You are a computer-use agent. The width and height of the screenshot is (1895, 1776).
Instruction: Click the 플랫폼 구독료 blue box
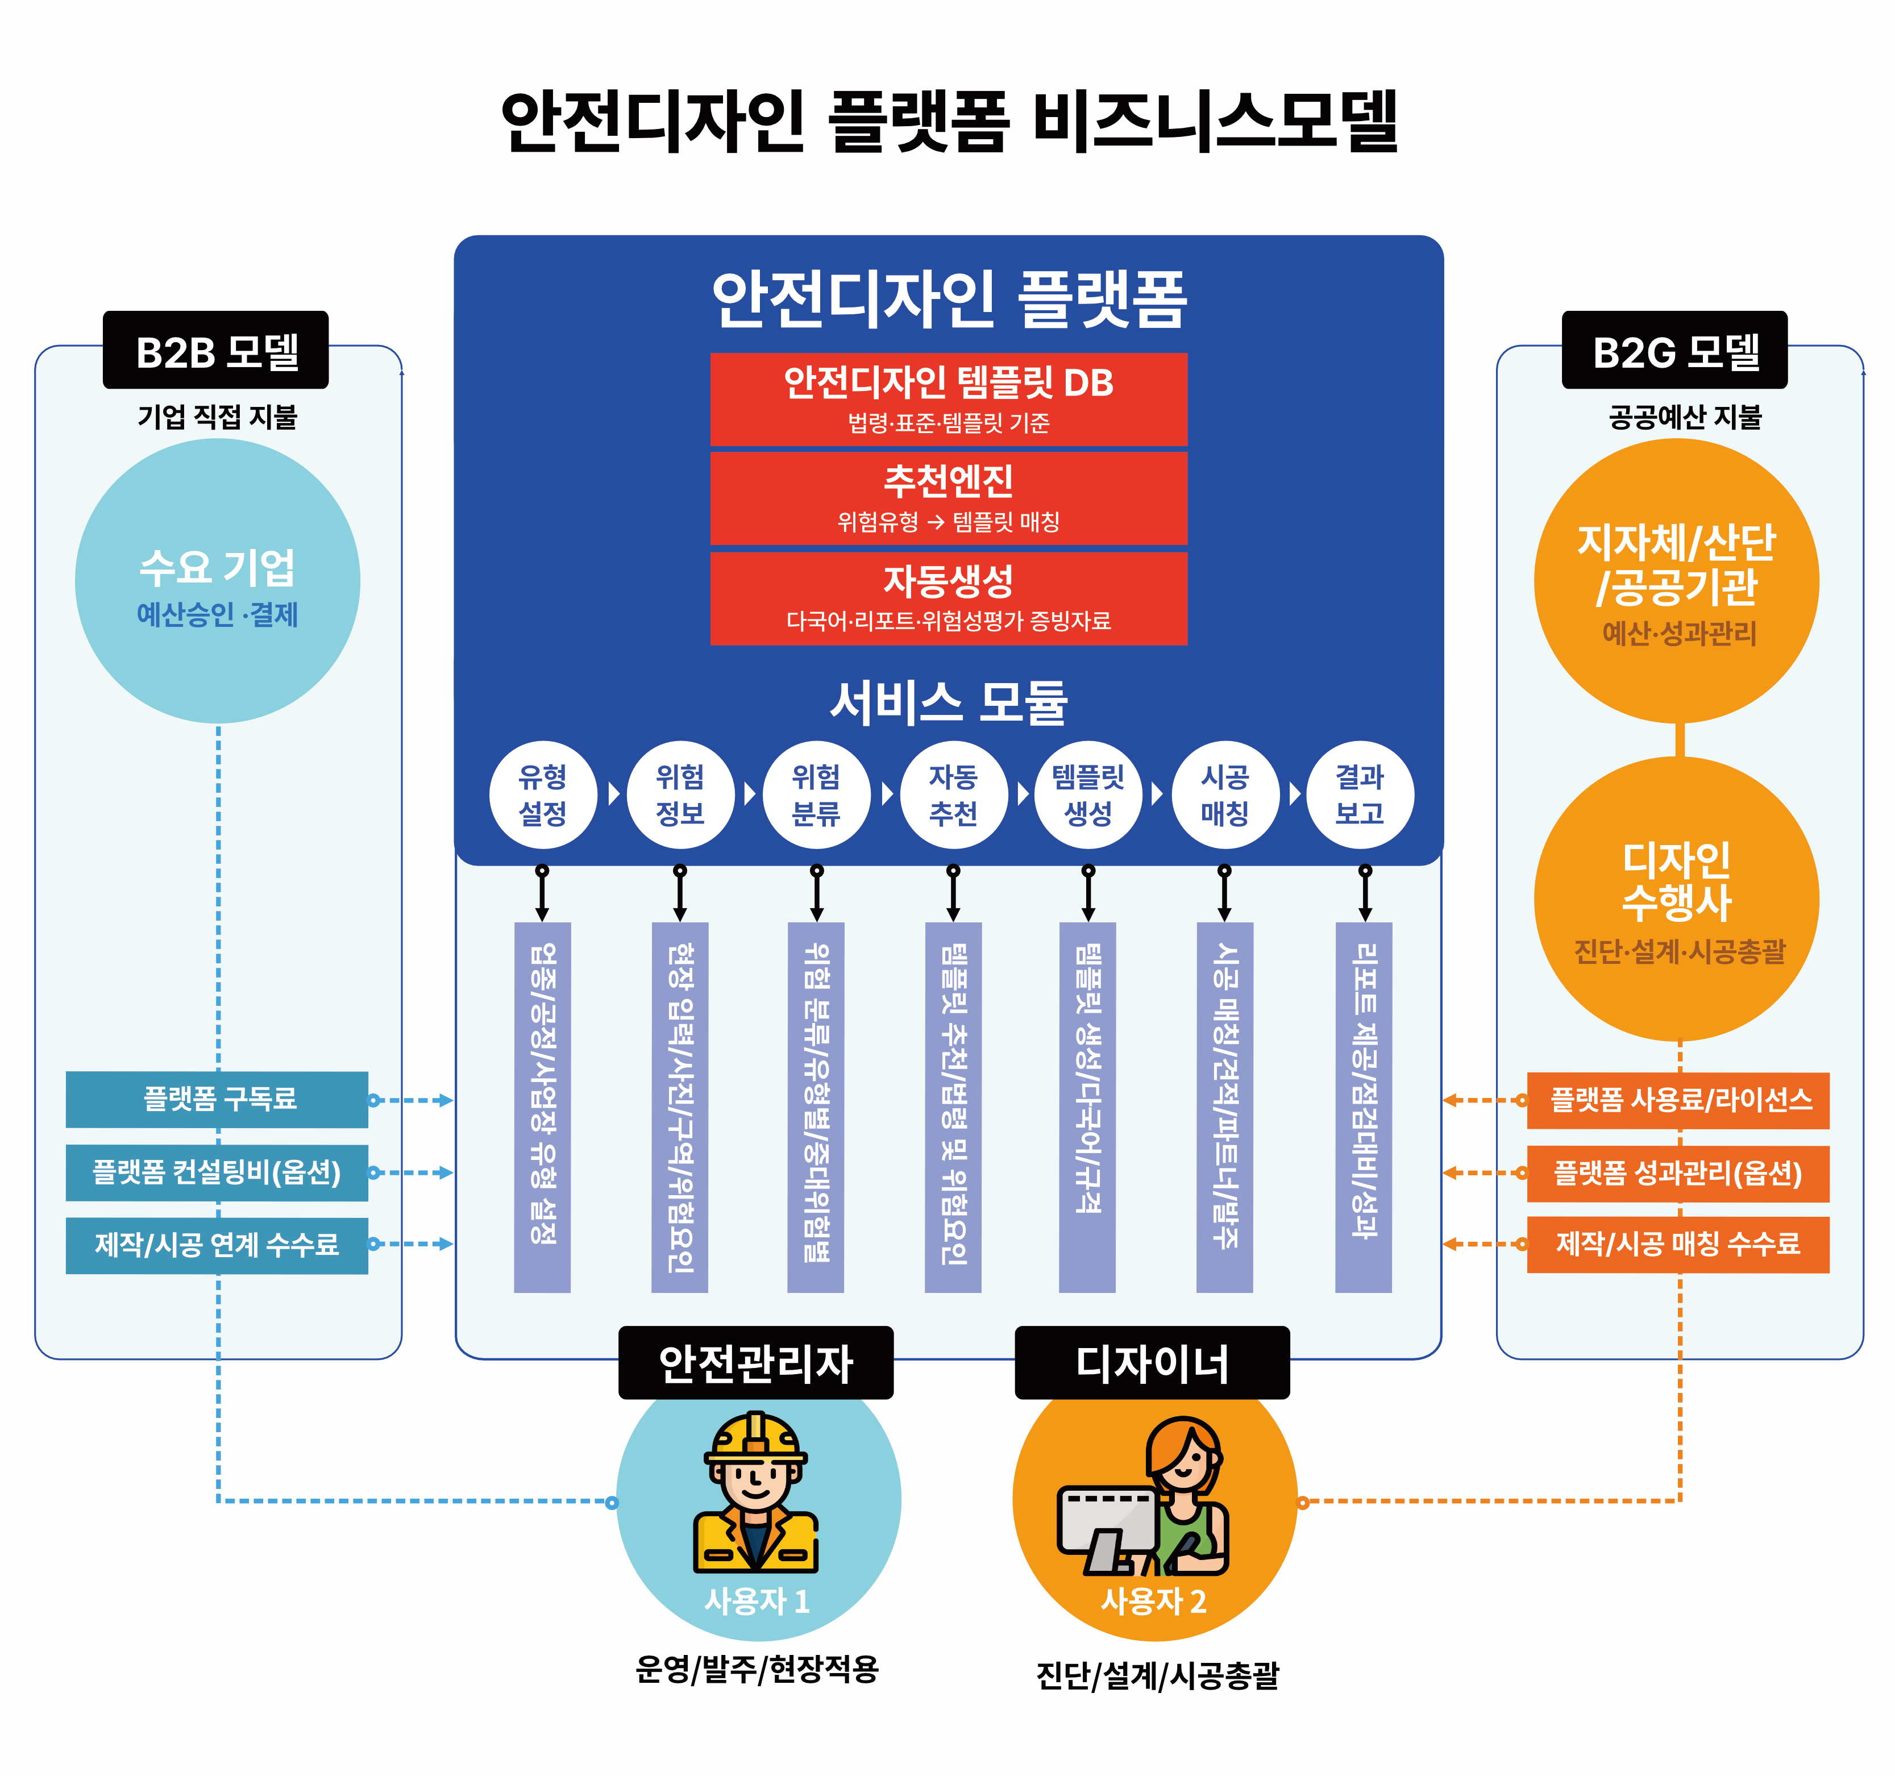217,1099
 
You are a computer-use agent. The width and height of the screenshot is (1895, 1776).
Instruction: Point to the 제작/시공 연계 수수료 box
217,1244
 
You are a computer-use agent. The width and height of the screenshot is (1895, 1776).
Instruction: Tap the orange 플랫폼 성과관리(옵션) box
1678,1172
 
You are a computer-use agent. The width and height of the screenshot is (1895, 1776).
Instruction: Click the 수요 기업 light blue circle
217,581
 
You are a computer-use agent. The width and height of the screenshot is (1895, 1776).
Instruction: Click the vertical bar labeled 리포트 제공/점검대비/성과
1363,1106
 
